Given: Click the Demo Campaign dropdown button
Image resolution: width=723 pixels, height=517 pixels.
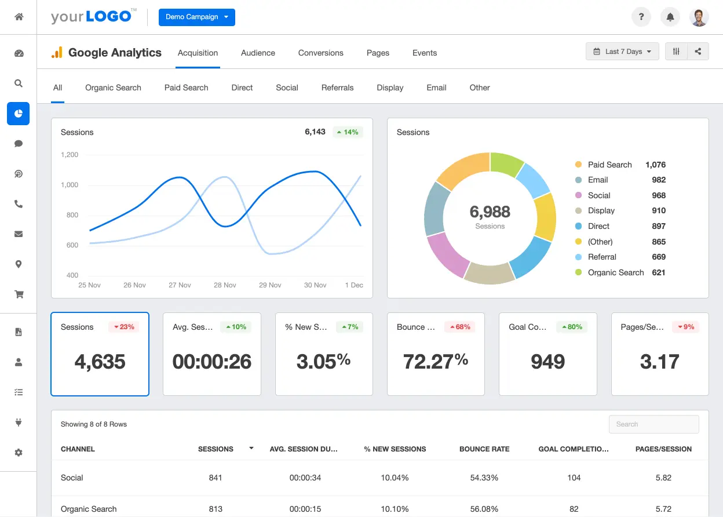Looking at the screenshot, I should pos(196,17).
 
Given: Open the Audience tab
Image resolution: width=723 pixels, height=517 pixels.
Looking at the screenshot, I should pos(258,53).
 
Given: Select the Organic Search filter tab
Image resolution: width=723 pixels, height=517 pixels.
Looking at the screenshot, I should pos(113,88).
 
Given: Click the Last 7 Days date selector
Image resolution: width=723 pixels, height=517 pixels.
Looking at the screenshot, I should pos(622,52).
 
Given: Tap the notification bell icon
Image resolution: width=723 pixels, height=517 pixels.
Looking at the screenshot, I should pos(670,17).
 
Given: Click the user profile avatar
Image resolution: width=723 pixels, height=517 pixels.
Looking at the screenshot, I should pos(699,17).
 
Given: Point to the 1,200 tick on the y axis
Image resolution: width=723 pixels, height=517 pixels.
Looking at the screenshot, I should pos(70,155).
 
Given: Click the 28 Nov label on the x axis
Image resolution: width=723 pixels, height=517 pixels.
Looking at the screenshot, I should pos(225,285).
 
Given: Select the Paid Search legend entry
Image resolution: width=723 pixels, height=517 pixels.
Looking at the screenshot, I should pos(609,165).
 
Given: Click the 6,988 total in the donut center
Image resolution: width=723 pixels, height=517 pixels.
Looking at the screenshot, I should pos(490,212).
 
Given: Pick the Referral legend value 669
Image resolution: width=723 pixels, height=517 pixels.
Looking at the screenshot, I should pos(658,257).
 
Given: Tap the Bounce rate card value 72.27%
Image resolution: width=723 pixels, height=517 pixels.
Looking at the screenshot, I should pos(435,362).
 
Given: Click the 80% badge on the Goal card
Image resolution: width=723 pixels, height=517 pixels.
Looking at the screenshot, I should pos(571,327).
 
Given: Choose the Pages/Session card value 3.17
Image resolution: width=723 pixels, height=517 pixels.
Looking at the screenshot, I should pos(659,362).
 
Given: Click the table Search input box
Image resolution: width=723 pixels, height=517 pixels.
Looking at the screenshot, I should pos(653,424).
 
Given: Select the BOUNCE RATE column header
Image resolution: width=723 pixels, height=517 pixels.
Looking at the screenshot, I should pos(484,449).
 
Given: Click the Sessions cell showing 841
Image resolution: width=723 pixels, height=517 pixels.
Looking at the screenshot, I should pos(216,478).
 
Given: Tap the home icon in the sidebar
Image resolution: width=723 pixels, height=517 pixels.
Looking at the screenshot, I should pos(19,17).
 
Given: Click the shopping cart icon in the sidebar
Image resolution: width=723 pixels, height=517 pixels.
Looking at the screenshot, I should pos(19,294).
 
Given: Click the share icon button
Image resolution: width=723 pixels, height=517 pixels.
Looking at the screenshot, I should pos(698,52).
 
